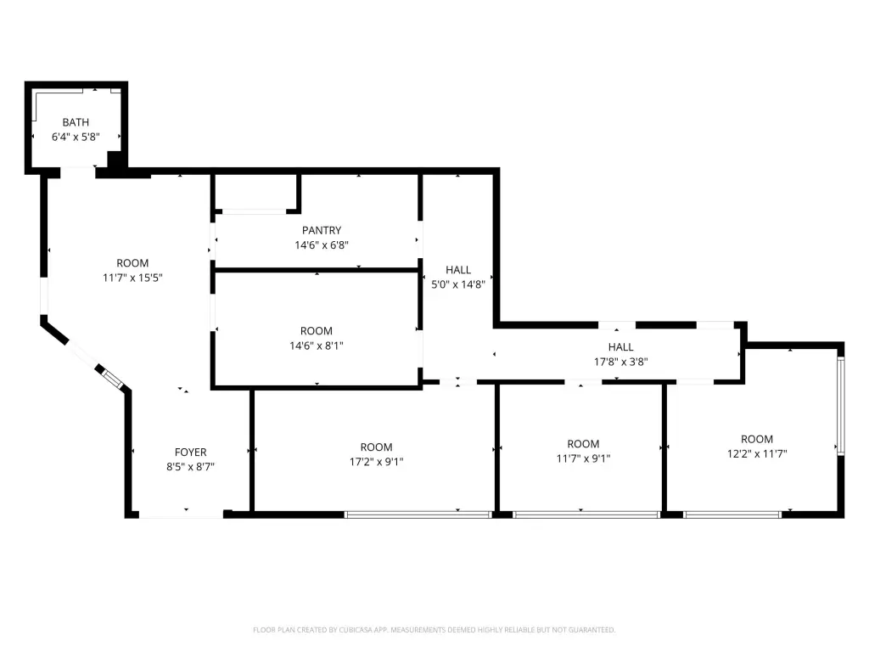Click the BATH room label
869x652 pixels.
[76, 122]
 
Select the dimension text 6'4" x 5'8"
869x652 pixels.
[76, 137]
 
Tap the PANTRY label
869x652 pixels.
[322, 230]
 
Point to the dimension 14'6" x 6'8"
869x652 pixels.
[322, 244]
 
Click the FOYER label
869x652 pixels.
[191, 452]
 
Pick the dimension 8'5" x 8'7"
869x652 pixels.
[191, 466]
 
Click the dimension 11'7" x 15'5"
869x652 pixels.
[132, 278]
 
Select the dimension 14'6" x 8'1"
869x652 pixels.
[317, 346]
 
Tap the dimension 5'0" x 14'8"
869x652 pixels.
[458, 284]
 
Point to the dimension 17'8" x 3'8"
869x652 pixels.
[620, 362]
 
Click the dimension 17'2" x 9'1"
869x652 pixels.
[376, 461]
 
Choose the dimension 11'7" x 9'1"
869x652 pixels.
[583, 458]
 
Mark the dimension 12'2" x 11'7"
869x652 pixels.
[757, 453]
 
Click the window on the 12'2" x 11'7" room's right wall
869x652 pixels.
[841, 406]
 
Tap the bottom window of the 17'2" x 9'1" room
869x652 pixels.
[418, 514]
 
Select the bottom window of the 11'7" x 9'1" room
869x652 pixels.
[586, 514]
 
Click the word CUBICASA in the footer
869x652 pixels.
[356, 630]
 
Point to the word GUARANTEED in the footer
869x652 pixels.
[593, 630]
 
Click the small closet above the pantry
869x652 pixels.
[255, 192]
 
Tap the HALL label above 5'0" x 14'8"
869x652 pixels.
[458, 269]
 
